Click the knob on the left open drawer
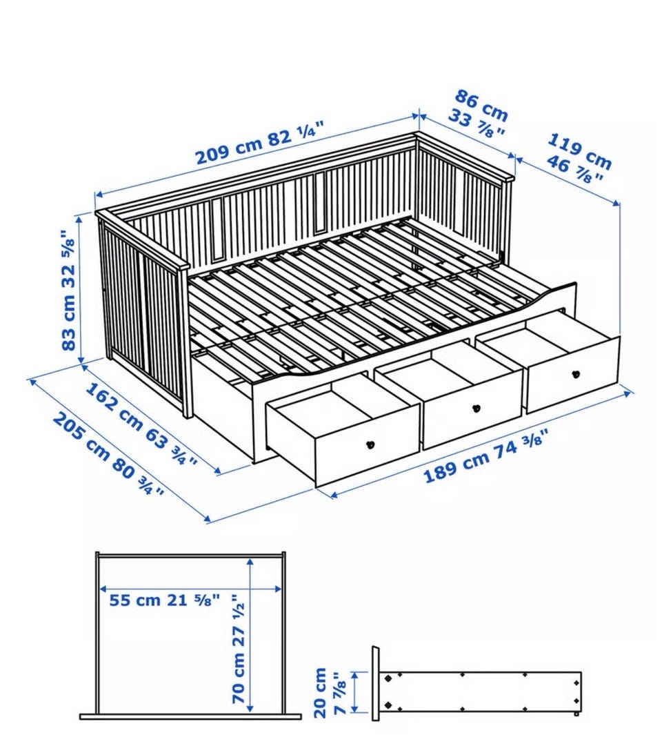[x=370, y=444]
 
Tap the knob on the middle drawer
[x=476, y=408]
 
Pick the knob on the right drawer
[x=575, y=373]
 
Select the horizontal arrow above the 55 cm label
[x=190, y=589]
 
